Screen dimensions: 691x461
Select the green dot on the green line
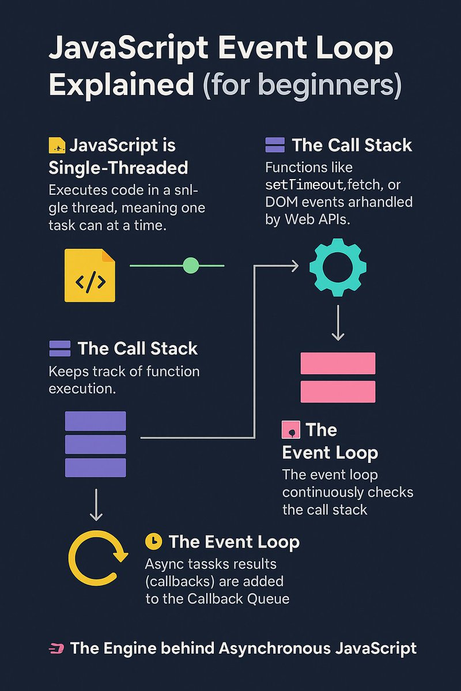[x=190, y=265]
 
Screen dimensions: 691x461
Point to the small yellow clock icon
[x=154, y=541]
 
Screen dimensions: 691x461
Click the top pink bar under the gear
[x=338, y=363]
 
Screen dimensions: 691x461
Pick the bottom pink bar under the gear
[x=338, y=392]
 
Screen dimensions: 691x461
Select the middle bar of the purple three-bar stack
[x=96, y=444]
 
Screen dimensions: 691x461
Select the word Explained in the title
[x=122, y=85]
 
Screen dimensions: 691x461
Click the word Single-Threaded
[x=118, y=168]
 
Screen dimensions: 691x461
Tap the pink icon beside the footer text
[x=56, y=649]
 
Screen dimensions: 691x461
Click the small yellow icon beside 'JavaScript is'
[x=56, y=145]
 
